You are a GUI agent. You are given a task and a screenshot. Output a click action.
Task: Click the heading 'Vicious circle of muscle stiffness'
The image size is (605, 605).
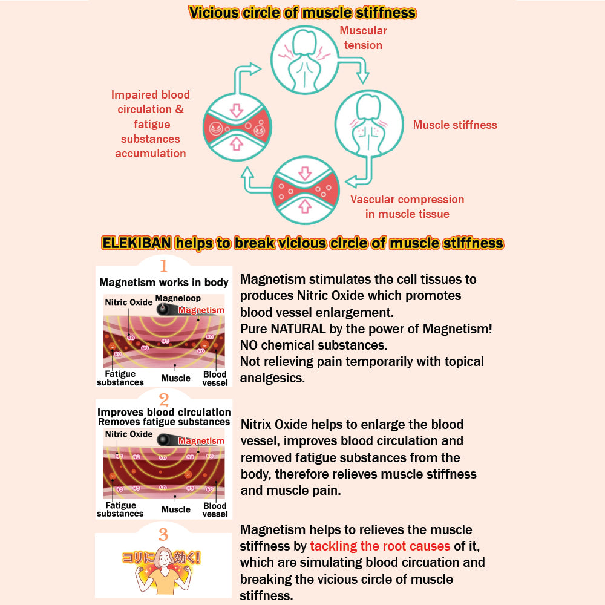[x=302, y=13]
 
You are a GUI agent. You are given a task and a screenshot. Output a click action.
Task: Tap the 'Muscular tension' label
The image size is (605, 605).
[x=363, y=38]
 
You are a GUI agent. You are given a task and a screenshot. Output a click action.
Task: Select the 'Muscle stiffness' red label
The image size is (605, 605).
[x=455, y=125]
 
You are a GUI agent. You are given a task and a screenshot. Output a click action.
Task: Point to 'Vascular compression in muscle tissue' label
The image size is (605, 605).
[x=407, y=206]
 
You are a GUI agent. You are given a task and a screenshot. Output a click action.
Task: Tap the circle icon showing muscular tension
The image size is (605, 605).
[x=305, y=60]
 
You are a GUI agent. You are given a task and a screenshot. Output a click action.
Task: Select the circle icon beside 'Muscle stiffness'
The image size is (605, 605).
[x=369, y=124]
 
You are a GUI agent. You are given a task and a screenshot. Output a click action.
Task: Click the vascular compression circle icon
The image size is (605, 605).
[x=305, y=190]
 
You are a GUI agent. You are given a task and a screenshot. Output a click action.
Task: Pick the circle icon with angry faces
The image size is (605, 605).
[x=237, y=127]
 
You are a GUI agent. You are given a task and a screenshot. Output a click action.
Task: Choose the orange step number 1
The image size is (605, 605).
[x=163, y=266]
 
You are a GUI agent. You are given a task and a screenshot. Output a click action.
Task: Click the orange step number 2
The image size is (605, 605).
[x=163, y=400]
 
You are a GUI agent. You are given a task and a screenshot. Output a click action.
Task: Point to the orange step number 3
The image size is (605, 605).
[x=163, y=534]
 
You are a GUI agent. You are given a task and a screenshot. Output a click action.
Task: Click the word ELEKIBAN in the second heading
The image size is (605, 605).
[x=137, y=243]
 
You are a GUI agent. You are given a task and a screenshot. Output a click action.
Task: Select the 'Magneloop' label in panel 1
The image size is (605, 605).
[x=178, y=298]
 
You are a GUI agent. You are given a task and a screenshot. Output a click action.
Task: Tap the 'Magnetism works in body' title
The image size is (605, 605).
[x=163, y=283]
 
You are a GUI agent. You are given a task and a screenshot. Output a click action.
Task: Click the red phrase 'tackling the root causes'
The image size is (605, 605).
[x=380, y=546]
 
